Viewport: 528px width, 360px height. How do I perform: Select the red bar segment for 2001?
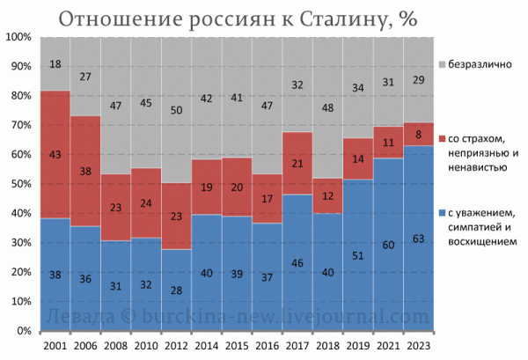pyautogui.click(x=55, y=155)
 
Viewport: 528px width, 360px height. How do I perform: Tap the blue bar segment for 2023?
pyautogui.click(x=419, y=238)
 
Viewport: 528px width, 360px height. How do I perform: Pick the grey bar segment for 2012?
pyautogui.click(x=176, y=110)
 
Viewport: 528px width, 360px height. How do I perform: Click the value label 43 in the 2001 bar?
pyautogui.click(x=55, y=155)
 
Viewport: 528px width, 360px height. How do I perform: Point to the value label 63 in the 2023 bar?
pyautogui.click(x=419, y=239)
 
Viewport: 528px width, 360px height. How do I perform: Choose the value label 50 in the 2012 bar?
pyautogui.click(x=176, y=110)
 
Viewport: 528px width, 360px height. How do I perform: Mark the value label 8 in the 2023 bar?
pyautogui.click(x=419, y=135)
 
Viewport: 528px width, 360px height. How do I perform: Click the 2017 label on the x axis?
pyautogui.click(x=297, y=346)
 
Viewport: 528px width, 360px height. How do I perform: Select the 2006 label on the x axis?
pyautogui.click(x=85, y=346)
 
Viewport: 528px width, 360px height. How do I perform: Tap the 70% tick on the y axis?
pyautogui.click(x=21, y=125)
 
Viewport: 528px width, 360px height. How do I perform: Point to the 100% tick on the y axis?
pyautogui.click(x=18, y=37)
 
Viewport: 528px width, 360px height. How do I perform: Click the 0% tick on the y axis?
pyautogui.click(x=24, y=331)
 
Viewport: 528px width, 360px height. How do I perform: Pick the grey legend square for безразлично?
pyautogui.click(x=443, y=64)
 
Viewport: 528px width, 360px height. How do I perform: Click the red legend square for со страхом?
pyautogui.click(x=443, y=139)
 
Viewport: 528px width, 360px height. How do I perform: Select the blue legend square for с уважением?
pyautogui.click(x=443, y=213)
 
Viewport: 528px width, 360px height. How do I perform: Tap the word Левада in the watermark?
pyautogui.click(x=80, y=317)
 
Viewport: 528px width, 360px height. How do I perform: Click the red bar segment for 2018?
pyautogui.click(x=327, y=195)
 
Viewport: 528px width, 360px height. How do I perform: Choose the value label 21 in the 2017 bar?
pyautogui.click(x=297, y=164)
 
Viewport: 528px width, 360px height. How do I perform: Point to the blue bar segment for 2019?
pyautogui.click(x=358, y=255)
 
